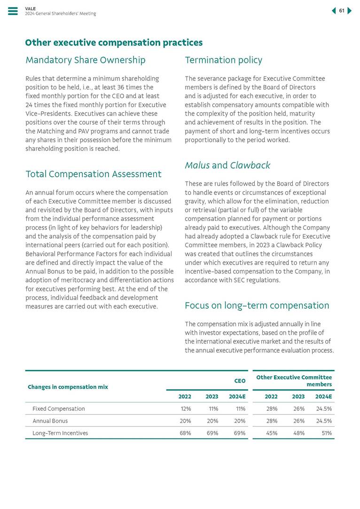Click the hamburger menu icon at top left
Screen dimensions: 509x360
(x=13, y=11)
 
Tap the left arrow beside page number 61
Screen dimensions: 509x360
(x=334, y=11)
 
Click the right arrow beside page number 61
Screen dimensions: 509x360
(x=350, y=11)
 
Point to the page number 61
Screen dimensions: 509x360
(x=342, y=11)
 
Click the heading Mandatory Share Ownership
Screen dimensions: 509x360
(x=86, y=60)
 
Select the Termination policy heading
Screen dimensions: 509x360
(x=223, y=60)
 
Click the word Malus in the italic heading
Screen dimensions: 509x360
(x=197, y=165)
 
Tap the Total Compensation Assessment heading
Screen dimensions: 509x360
(x=94, y=174)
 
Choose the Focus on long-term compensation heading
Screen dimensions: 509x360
(x=257, y=306)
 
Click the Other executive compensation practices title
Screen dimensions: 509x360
(x=114, y=43)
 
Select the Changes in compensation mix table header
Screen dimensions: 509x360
(x=68, y=387)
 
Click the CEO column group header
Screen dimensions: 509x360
(x=240, y=381)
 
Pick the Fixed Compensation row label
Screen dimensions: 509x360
(x=59, y=409)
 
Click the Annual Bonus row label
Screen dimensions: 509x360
(x=50, y=421)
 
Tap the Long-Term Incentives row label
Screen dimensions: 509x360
(x=60, y=433)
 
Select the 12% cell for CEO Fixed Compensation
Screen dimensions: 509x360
(x=185, y=409)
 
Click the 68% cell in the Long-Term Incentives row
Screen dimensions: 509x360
(x=185, y=433)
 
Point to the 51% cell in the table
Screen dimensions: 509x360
(x=326, y=433)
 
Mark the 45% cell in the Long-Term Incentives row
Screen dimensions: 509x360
(x=272, y=433)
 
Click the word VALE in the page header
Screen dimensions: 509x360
(x=30, y=8)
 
